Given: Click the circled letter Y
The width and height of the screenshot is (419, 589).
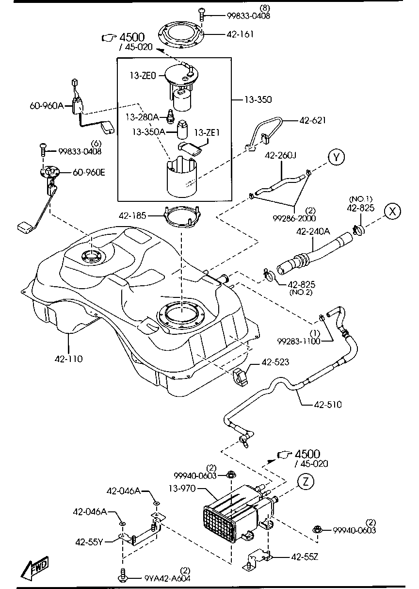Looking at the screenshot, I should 336,158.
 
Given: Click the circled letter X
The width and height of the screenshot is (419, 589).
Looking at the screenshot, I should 393,211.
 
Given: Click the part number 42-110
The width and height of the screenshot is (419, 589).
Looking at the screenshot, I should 68,359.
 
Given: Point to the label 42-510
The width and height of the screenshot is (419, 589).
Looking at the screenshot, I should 328,404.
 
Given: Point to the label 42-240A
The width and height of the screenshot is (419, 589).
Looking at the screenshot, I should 313,231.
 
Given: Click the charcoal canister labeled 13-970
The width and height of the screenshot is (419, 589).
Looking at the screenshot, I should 233,514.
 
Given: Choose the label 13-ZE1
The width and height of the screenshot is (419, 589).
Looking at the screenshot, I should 206,132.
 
